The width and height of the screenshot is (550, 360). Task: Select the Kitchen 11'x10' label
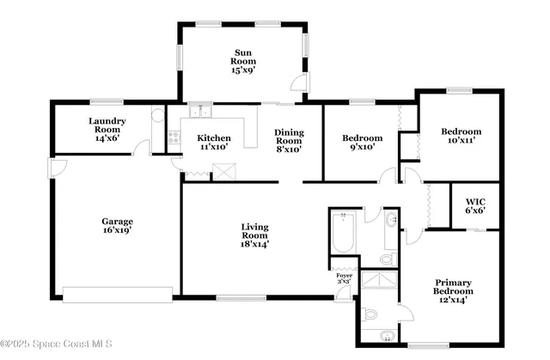click(x=213, y=143)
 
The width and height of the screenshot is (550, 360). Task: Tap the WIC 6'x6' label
click(x=475, y=206)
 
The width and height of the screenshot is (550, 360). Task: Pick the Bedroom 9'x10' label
click(x=362, y=143)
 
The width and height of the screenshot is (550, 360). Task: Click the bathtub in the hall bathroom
click(x=342, y=232)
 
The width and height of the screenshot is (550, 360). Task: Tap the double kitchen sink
click(x=200, y=111)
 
